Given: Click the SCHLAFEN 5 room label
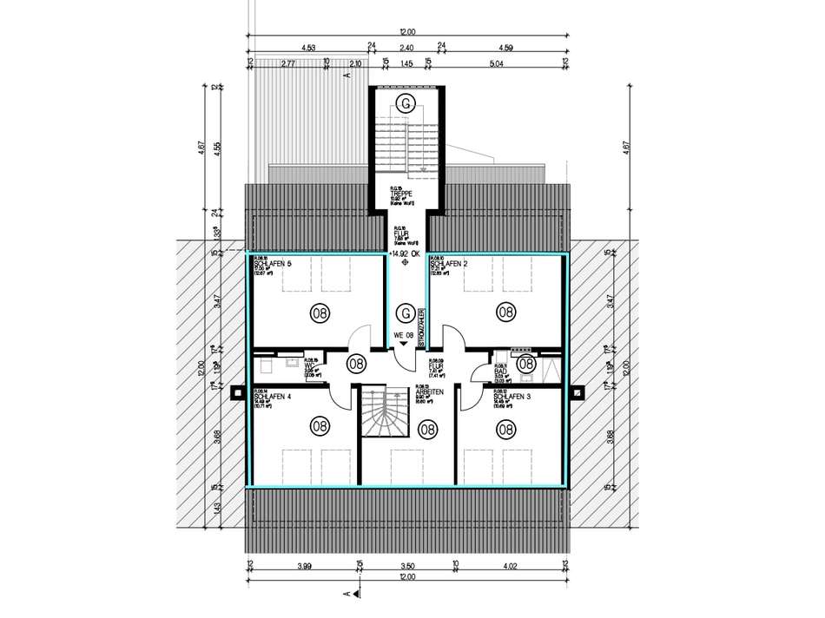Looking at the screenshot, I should click(x=271, y=263).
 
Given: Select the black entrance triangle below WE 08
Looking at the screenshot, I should click(x=403, y=345).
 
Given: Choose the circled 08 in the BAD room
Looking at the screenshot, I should click(x=525, y=365).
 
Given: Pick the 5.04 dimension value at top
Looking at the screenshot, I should click(x=497, y=62).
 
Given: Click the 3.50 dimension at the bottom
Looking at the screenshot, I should click(x=406, y=568).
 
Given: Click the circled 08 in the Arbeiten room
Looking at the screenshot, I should click(x=427, y=427).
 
